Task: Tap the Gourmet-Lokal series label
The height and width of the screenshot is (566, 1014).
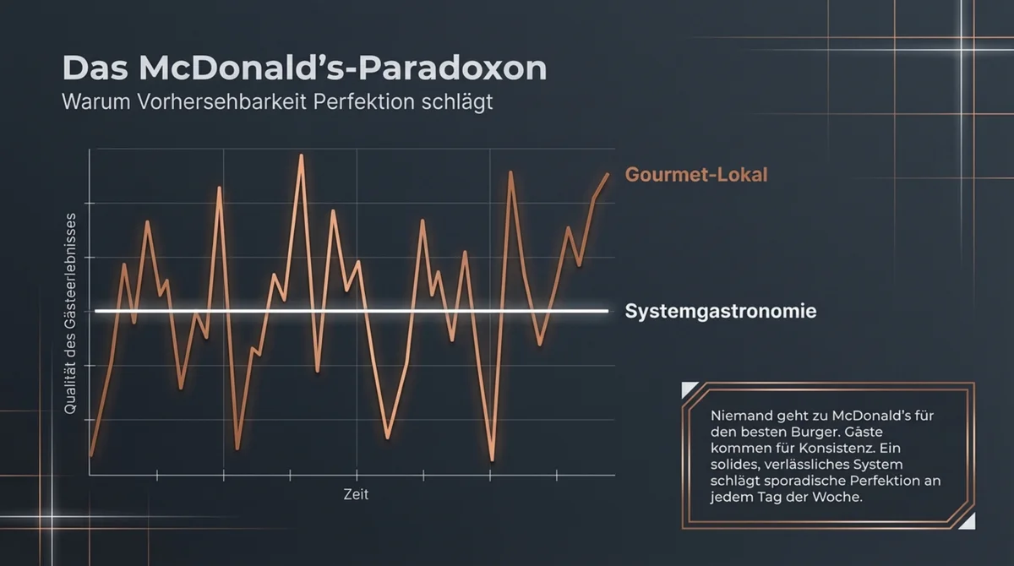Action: click(696, 176)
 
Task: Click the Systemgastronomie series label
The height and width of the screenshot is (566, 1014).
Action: click(721, 311)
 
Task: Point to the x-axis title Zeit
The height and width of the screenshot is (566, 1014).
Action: click(356, 494)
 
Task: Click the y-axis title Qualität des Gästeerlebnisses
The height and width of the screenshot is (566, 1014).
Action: click(71, 313)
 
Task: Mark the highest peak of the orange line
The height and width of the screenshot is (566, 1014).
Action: click(302, 155)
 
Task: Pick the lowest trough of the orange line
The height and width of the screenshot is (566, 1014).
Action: click(492, 460)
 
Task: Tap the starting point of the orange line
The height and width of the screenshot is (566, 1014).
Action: click(91, 455)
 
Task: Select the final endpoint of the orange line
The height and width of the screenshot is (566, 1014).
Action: click(608, 174)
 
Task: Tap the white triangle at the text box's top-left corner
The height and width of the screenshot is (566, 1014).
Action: click(689, 389)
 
